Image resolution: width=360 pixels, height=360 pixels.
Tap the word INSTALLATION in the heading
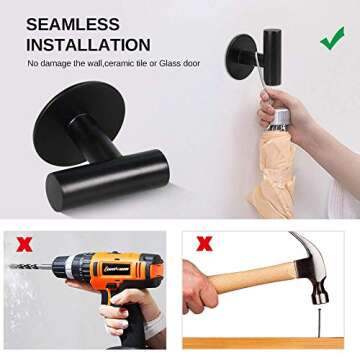pyautogui.click(x=88, y=45)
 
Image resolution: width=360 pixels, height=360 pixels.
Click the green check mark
pyautogui.click(x=332, y=40)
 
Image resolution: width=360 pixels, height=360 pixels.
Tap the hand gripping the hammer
pyautogui.click(x=205, y=296)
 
